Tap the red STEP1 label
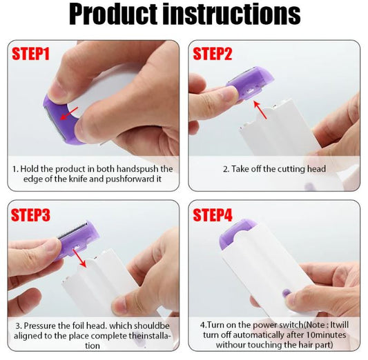[31, 54]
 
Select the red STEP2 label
[213, 54]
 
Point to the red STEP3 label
[31, 214]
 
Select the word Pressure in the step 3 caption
[40, 323]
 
